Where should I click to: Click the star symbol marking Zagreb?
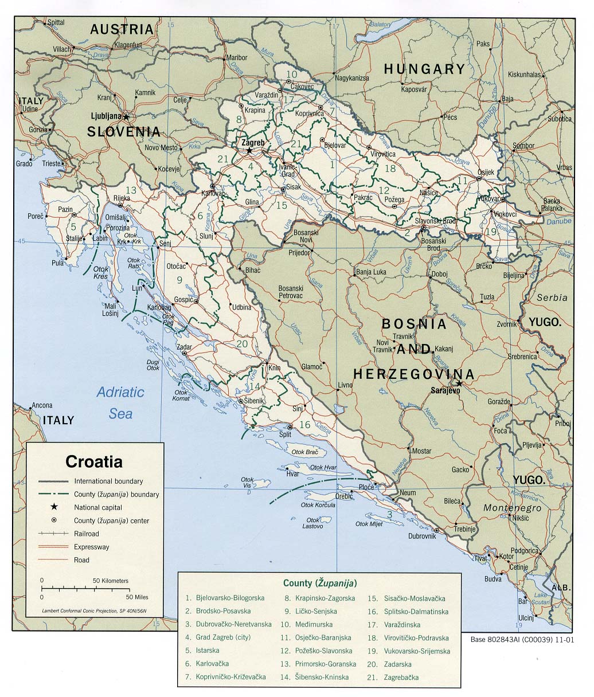[x=249, y=151]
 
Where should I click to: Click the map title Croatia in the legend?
[x=93, y=461]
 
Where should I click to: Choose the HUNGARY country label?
[x=424, y=69]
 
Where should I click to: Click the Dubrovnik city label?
[x=422, y=536]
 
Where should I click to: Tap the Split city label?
[x=285, y=434]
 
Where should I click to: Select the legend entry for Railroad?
[x=86, y=534]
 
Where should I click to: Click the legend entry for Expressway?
[x=91, y=547]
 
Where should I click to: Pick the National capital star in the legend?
[x=53, y=507]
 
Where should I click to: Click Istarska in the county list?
[x=207, y=651]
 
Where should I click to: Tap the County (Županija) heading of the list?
[x=319, y=583]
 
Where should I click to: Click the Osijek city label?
[x=486, y=172]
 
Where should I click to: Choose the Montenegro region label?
[x=512, y=508]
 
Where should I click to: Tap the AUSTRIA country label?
[x=122, y=29]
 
